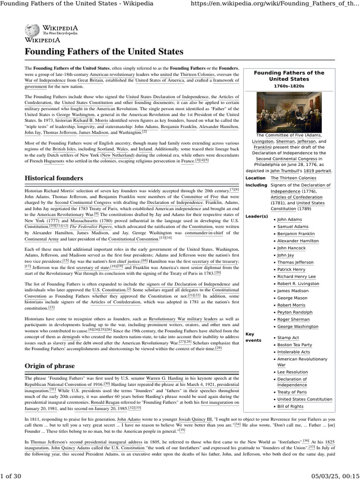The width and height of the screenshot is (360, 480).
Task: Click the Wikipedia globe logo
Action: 33,31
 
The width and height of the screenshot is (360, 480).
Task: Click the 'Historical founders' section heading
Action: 54,179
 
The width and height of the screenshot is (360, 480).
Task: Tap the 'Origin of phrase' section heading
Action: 49,365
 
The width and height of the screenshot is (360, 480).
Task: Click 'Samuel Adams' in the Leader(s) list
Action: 292,226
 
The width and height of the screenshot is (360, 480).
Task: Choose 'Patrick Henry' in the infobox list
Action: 291,270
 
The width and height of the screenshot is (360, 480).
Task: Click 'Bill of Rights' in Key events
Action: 290,406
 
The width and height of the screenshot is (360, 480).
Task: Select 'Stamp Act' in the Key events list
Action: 288,337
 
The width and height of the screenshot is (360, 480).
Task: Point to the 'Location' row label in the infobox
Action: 255,178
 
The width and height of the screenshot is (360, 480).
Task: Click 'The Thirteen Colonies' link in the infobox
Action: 293,178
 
